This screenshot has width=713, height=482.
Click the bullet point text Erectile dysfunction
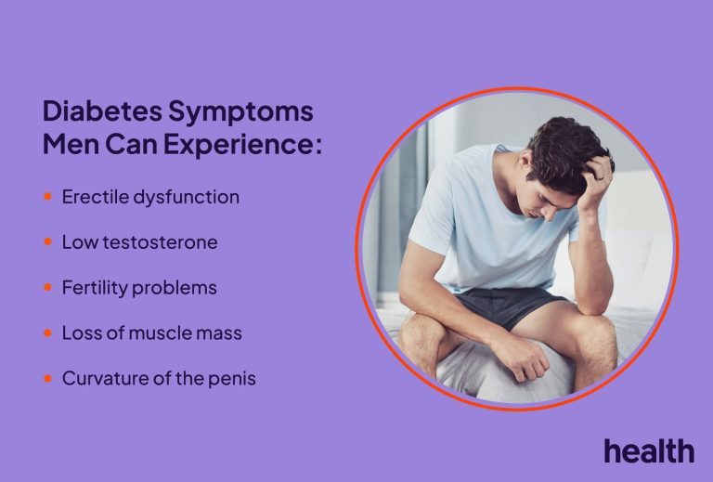(x=150, y=197)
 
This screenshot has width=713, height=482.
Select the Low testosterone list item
(x=139, y=242)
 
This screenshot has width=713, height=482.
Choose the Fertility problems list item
(x=139, y=288)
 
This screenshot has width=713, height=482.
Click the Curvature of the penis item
(x=158, y=379)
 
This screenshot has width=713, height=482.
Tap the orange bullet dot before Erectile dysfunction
(x=47, y=197)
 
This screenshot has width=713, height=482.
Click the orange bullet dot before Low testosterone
(x=47, y=242)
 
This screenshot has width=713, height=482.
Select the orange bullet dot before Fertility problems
(x=47, y=288)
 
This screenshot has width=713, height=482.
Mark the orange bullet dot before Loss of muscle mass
(x=47, y=333)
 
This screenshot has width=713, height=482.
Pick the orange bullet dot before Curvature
(x=47, y=379)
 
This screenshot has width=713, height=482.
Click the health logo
(x=648, y=451)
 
